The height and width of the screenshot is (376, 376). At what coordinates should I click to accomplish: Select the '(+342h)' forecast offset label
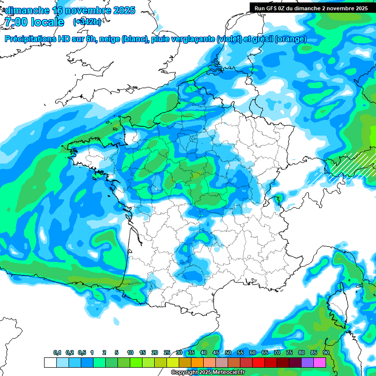[88, 22]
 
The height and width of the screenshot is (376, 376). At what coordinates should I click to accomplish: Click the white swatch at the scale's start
[50, 363]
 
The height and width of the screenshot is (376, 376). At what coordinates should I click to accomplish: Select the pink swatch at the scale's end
[320, 363]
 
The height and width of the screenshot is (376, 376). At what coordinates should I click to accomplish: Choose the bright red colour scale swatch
[258, 363]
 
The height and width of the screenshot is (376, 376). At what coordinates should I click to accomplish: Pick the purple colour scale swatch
[307, 363]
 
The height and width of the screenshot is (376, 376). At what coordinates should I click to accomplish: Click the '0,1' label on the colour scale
[57, 353]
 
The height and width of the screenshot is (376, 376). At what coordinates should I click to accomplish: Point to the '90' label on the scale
[326, 353]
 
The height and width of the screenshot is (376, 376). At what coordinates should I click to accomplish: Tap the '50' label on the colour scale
[228, 353]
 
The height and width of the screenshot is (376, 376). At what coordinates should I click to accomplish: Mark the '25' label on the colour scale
[167, 353]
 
